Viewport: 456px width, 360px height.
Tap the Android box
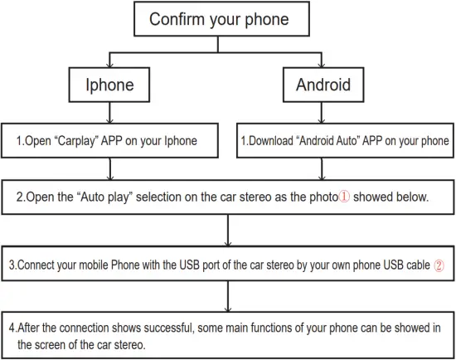323,85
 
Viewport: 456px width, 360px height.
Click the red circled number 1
347,198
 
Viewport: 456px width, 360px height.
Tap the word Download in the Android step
274,141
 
